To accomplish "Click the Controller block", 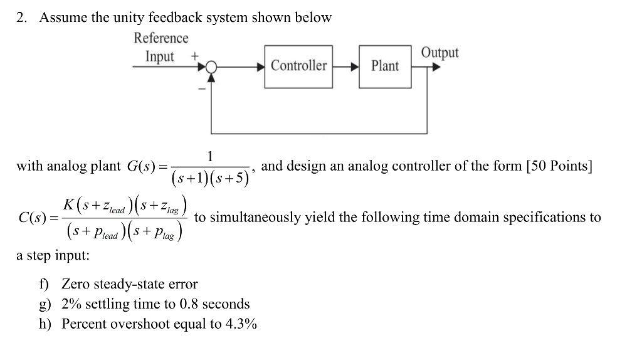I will click(298, 66).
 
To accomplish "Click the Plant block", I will click(384, 66).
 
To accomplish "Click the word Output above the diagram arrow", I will click(439, 53).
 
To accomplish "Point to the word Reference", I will click(161, 38).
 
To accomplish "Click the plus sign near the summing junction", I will click(195, 56).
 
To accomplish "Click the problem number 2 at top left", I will click(21, 18).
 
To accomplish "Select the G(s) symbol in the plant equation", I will click(141, 167).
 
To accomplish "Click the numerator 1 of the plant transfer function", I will click(211, 156).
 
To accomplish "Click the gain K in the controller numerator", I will click(68, 204).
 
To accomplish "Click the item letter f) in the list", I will click(44, 284).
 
